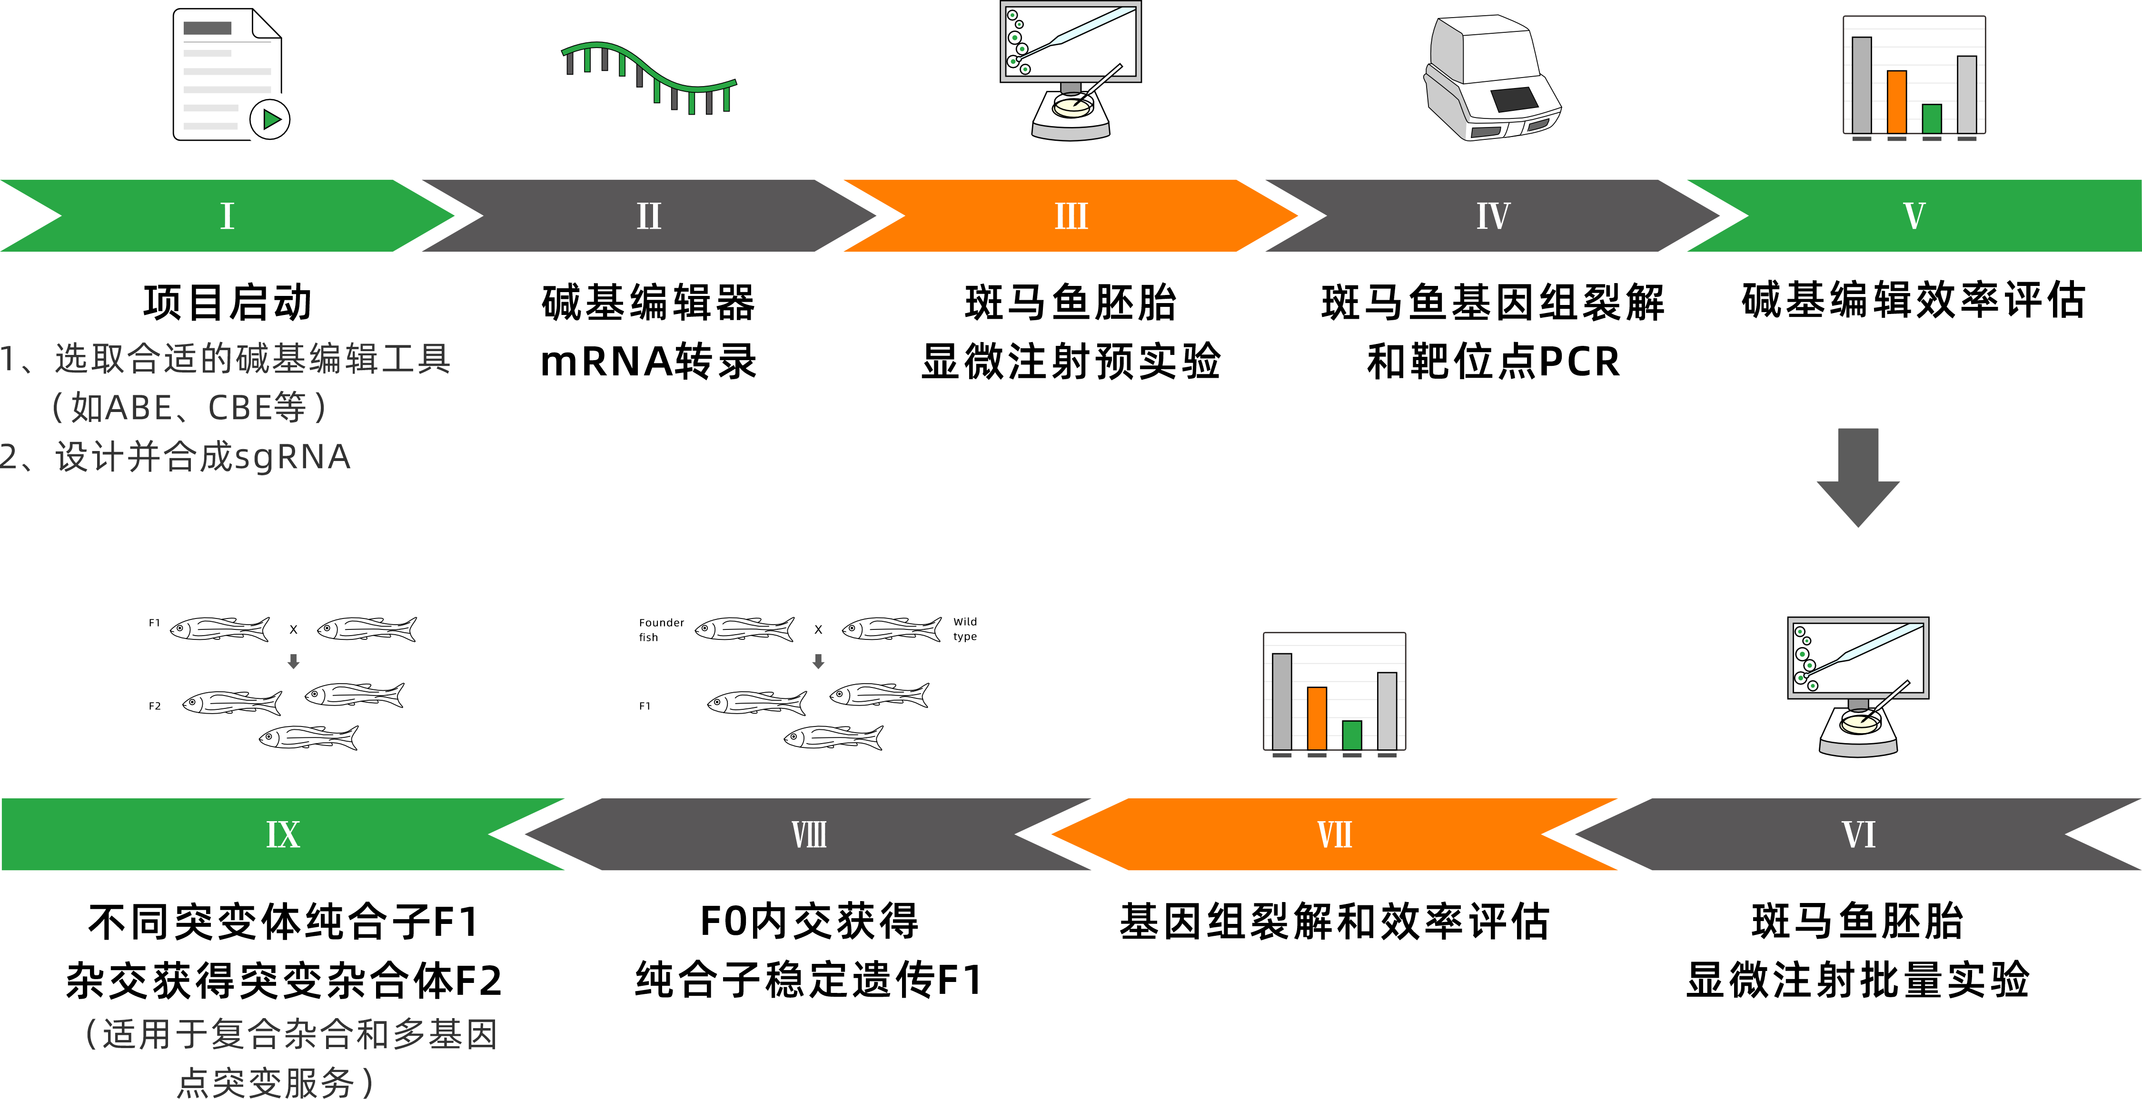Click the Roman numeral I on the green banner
(227, 216)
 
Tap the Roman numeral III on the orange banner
(1071, 216)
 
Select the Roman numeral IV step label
(1493, 216)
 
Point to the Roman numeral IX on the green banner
(283, 834)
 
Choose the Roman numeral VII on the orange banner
(1335, 834)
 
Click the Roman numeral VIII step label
(809, 834)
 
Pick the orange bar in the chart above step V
(1897, 101)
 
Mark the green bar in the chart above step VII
(1352, 735)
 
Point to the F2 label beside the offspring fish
(155, 706)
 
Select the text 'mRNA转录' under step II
(649, 362)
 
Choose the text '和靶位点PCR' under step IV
(1493, 362)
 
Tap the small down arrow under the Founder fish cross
(818, 662)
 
